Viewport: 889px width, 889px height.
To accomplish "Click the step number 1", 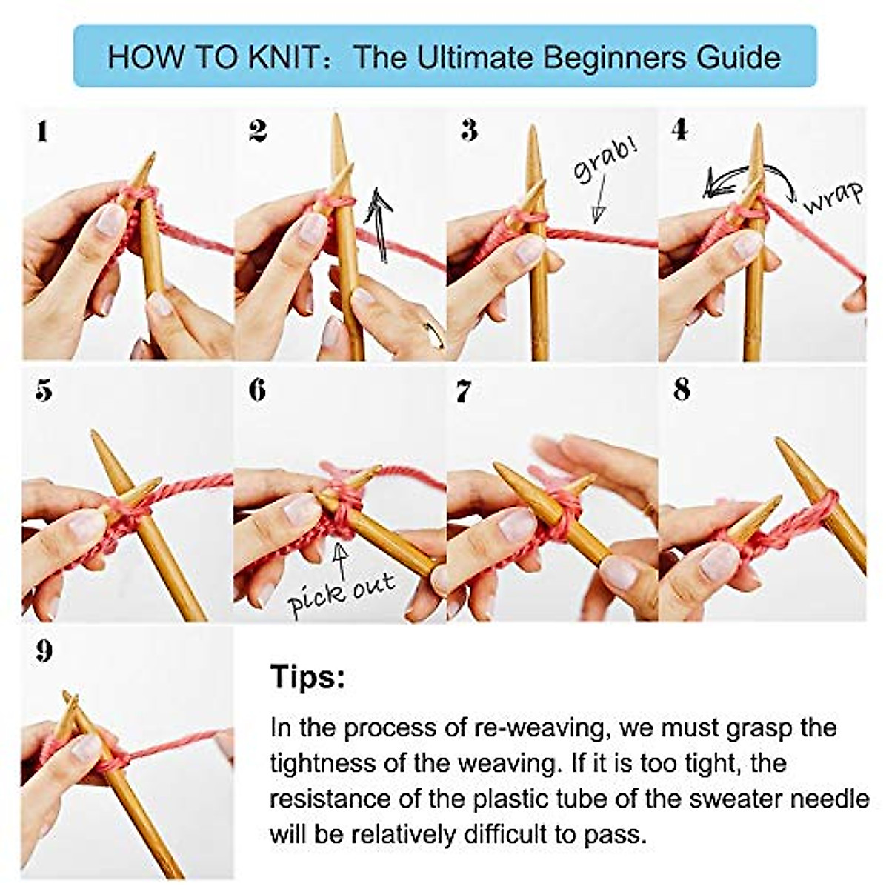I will click(42, 132).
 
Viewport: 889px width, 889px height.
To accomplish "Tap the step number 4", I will click(679, 130).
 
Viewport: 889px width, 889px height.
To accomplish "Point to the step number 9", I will click(44, 651).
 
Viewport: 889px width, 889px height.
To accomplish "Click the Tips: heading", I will click(307, 676).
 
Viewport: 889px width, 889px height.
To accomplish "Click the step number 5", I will click(44, 390).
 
